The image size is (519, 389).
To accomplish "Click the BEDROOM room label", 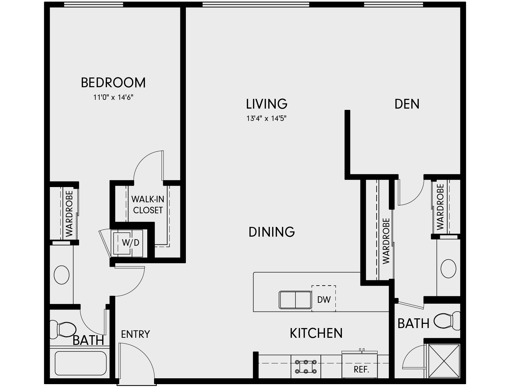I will pos(113,83).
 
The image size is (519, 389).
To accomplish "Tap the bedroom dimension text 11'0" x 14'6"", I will pos(113,97).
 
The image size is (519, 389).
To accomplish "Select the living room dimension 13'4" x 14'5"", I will pos(266,118).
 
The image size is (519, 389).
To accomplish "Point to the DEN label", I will pos(407,104).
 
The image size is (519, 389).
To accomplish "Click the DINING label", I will pos(272,232).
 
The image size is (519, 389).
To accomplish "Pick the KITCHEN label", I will pos(316,333).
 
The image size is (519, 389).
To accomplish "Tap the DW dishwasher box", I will pos(324,299).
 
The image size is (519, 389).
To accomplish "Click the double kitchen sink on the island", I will pos(295,300).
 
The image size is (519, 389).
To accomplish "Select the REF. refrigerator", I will pos(361,369).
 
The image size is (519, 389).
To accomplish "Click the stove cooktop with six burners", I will pos(306,367).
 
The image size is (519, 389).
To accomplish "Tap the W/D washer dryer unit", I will pos(130,243).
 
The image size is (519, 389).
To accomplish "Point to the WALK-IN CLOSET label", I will pos(148,205).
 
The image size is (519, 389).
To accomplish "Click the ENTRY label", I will pos(135,334).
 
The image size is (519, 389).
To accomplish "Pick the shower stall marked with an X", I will pos(444,361).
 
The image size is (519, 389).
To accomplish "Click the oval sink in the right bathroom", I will pos(448,268).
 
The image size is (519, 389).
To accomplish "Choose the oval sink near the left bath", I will pos(61,275).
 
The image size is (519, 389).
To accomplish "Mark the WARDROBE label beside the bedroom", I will pos(69,214).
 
